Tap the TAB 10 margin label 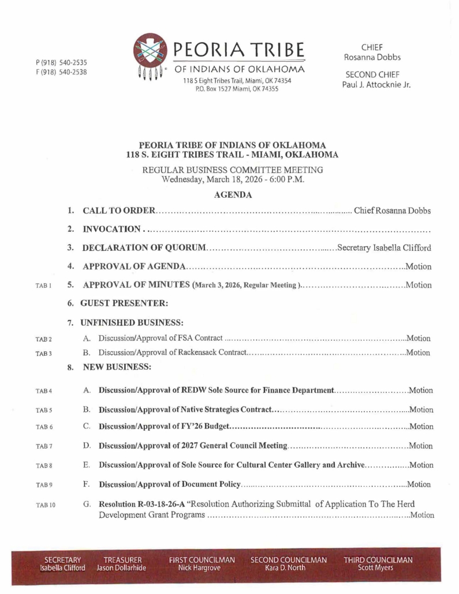coord(45,505)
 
